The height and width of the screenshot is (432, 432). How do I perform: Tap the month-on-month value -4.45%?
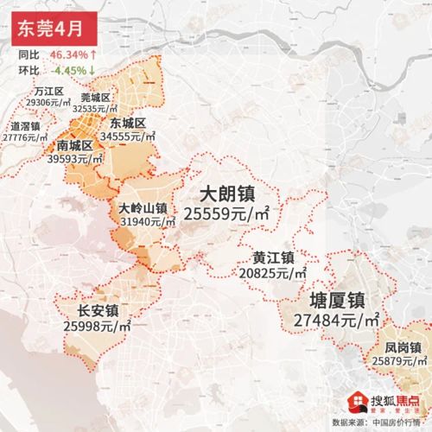click(71, 69)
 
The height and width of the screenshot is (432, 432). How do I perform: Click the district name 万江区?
click(49, 91)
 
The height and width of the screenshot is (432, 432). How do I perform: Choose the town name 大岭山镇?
click(142, 208)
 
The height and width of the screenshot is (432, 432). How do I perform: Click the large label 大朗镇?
click(227, 192)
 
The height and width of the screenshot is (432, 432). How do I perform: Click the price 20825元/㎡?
click(273, 273)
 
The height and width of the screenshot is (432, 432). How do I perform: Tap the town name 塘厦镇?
click(336, 299)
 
